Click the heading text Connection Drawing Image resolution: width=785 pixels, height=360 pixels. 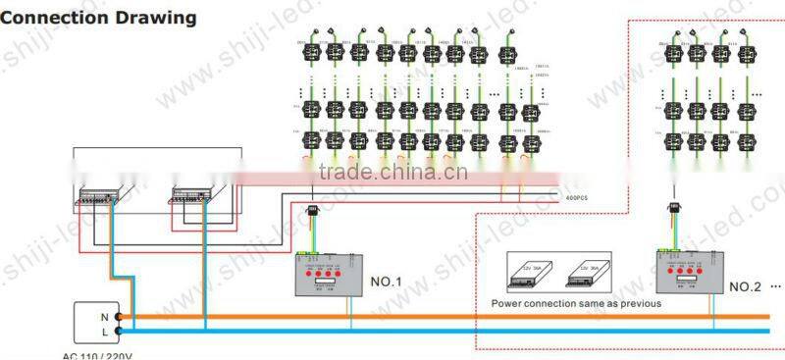[x=99, y=18]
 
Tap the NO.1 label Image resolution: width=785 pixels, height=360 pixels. [x=387, y=282]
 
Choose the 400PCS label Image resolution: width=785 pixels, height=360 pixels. [x=575, y=198]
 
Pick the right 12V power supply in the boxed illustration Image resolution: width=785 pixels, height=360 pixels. [x=585, y=270]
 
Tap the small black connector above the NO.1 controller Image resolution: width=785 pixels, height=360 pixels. [x=314, y=210]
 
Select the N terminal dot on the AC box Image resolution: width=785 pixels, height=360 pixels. [x=119, y=317]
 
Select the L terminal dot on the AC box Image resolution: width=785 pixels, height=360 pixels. [x=119, y=333]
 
